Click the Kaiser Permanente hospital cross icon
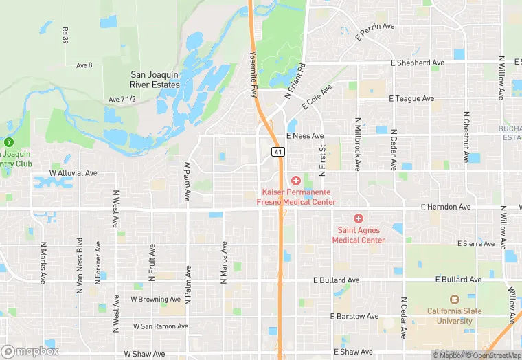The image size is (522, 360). tap(295, 181)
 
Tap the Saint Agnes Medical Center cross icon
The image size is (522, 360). tap(358, 218)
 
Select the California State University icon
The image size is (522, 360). tap(453, 300)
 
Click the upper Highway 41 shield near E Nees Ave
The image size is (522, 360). tap(277, 151)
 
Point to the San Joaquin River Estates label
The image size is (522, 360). tap(155, 80)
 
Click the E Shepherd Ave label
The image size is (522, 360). tap(417, 63)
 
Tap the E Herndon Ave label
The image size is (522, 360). tap(446, 207)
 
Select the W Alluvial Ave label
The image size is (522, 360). tap(73, 173)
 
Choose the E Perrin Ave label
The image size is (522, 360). tap(375, 32)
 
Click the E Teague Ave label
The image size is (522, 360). tap(411, 99)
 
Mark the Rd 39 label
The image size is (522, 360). tap(65, 36)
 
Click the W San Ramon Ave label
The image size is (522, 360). tap(159, 326)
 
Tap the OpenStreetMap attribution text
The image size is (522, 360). tap(493, 355)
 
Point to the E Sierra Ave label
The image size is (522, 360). tap(476, 244)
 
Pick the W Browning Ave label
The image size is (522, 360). tap(155, 300)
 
